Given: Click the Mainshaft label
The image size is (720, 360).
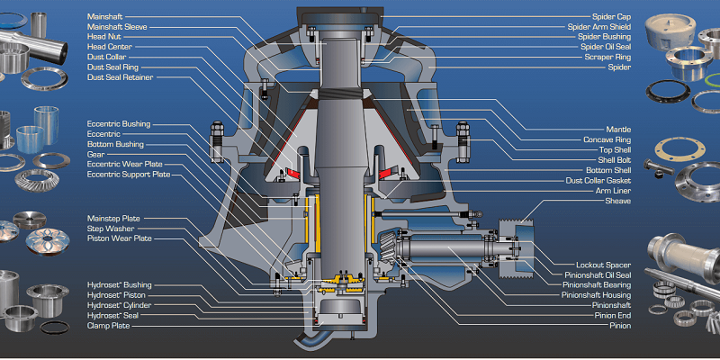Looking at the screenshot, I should point(104,17).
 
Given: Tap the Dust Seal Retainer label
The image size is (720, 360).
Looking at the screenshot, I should point(120,77).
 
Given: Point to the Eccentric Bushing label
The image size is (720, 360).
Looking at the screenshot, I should point(119,123).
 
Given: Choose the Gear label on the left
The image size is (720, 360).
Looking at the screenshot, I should point(95,154).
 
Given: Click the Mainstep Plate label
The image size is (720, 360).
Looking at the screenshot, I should point(113,219).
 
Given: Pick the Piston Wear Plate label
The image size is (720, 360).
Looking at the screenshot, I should point(120,238).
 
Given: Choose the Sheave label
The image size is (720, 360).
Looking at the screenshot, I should point(617,201).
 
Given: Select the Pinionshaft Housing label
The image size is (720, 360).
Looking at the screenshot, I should point(596,295).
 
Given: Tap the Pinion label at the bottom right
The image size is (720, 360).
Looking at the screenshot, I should point(619,325).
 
